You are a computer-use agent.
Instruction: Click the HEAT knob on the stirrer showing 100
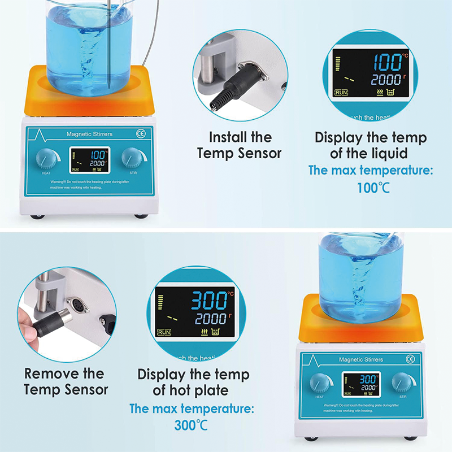point(46,159)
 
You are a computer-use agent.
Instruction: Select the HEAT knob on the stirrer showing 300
point(320,384)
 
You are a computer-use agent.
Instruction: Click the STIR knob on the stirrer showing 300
point(402,383)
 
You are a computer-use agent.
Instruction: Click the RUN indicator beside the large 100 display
point(341,92)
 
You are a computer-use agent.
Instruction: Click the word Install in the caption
point(227,137)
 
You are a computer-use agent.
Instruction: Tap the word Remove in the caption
point(48,373)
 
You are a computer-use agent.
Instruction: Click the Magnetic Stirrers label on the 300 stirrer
point(360,359)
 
